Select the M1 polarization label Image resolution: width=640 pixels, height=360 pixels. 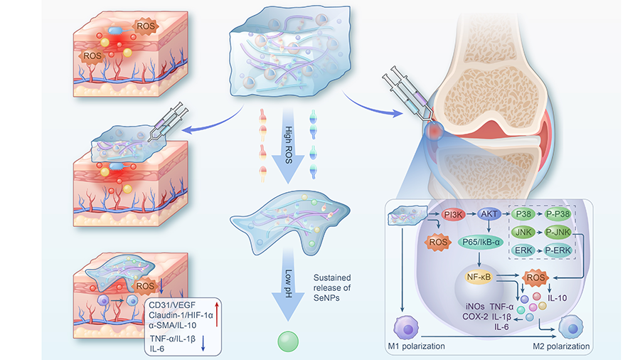click(417, 347)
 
